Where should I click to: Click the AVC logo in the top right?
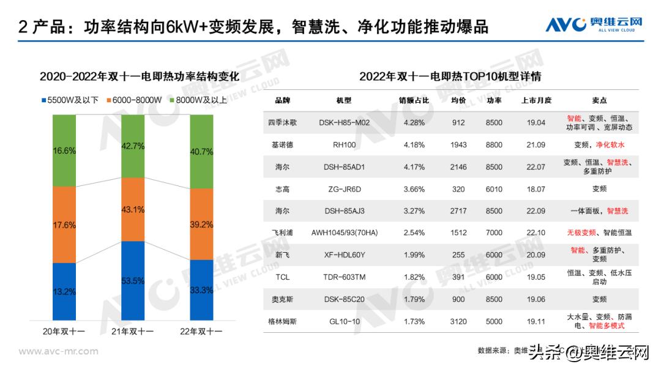(x=594, y=24)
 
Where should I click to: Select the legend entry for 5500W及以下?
(x=70, y=100)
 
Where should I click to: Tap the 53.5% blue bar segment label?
(x=133, y=281)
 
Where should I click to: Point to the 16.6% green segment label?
(x=64, y=151)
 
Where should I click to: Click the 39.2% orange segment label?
(x=201, y=224)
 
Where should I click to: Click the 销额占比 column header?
(x=414, y=100)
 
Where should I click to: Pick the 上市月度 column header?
(x=536, y=100)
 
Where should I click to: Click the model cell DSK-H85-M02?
(x=345, y=122)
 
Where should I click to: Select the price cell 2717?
(x=458, y=211)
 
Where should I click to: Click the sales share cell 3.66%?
(x=414, y=189)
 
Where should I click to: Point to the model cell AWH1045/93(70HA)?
(x=345, y=233)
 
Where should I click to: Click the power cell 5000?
(x=494, y=321)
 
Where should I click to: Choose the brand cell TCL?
(x=282, y=277)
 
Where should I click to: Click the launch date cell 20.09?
(x=536, y=255)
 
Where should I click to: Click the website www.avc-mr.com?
(x=59, y=351)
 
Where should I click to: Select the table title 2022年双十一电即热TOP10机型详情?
(x=450, y=76)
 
